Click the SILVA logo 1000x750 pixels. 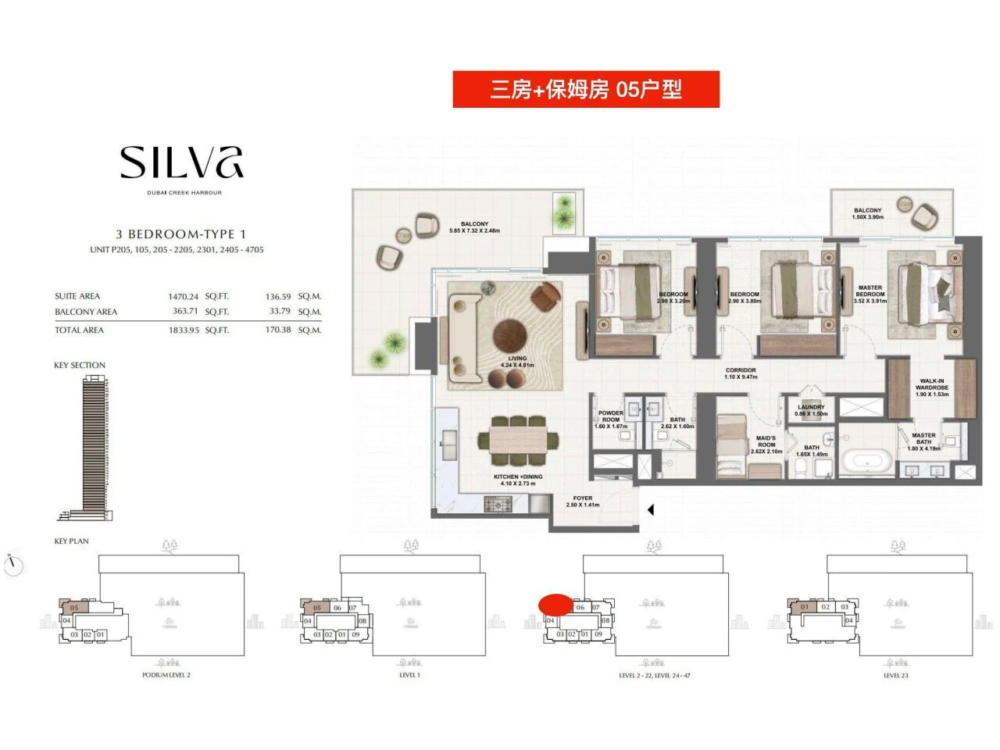coord(181,162)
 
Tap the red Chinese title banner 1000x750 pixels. coord(586,90)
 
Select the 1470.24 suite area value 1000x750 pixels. coord(184,297)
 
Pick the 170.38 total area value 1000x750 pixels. coord(278,330)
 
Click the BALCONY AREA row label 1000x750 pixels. coord(86,312)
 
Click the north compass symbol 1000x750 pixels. coord(14,565)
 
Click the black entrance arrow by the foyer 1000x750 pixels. coord(650,510)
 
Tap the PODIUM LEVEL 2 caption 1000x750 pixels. coord(166,675)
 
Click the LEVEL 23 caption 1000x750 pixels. coord(895,675)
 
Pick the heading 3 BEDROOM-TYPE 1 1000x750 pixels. coord(180,234)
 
